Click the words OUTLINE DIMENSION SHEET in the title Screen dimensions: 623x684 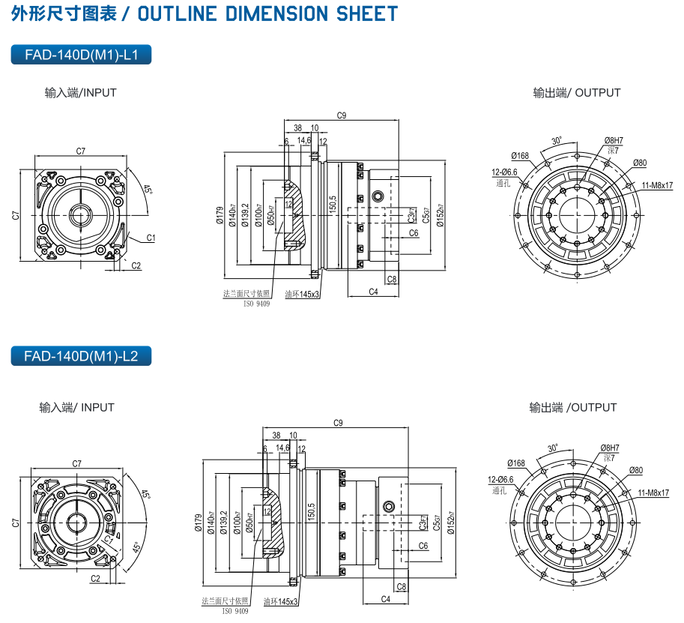click(x=265, y=13)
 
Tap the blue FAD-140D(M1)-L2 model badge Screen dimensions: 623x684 click(x=82, y=355)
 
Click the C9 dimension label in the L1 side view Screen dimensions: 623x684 click(x=342, y=115)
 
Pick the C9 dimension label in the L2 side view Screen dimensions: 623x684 click(x=338, y=424)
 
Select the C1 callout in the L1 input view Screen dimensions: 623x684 click(x=151, y=238)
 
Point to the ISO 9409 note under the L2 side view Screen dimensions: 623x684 click(x=234, y=611)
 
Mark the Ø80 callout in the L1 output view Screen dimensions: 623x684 click(x=639, y=163)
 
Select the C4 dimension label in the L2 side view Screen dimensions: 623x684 click(x=386, y=599)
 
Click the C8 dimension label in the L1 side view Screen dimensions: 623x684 click(x=392, y=280)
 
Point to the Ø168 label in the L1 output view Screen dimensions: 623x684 click(x=520, y=156)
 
